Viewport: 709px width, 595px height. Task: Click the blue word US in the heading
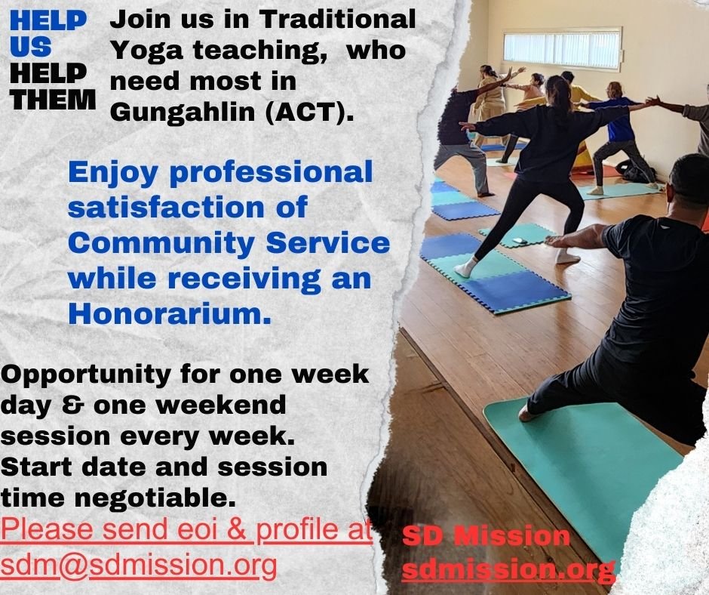(30, 46)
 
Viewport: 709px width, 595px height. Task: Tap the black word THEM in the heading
(53, 100)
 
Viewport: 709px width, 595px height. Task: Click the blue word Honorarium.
(170, 313)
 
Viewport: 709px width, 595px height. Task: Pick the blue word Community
(161, 242)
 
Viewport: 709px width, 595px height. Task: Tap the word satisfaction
(165, 208)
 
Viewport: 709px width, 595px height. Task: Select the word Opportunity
(86, 375)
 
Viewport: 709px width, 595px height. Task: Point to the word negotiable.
(155, 498)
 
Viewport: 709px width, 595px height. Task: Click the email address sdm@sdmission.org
(139, 565)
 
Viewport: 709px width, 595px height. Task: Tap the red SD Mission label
(486, 536)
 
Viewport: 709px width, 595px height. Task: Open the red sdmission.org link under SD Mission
(508, 569)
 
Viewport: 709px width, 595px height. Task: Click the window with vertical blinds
(563, 49)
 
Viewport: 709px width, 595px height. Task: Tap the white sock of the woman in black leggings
(465, 267)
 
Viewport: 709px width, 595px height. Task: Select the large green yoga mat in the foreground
(583, 471)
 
